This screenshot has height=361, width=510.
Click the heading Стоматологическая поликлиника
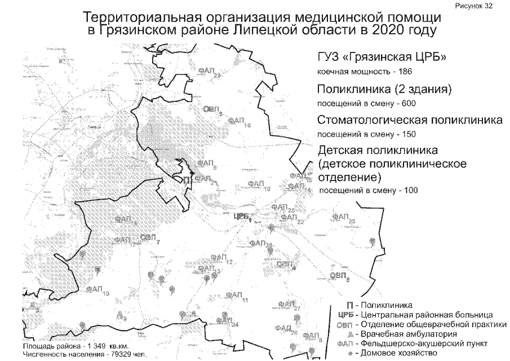pyautogui.click(x=410, y=121)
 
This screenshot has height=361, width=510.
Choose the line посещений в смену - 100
pyautogui.click(x=369, y=190)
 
